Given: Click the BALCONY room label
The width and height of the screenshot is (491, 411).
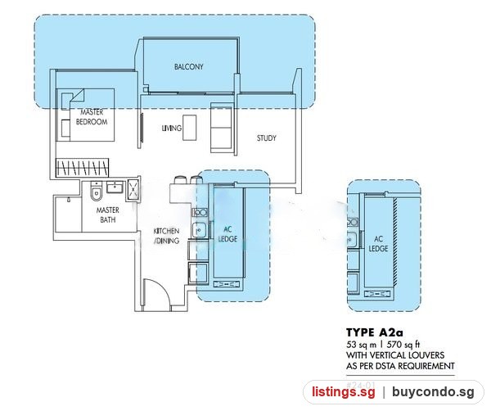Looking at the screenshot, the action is (x=189, y=66).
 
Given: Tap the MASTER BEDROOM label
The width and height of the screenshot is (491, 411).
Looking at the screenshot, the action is (x=92, y=117).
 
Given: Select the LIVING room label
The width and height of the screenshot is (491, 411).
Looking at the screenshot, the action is (x=172, y=128).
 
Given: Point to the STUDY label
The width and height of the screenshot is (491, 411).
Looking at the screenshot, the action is (x=267, y=138).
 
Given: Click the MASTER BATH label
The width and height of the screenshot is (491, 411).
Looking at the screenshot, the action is (x=108, y=215).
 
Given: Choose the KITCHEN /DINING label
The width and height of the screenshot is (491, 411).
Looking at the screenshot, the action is (x=166, y=236).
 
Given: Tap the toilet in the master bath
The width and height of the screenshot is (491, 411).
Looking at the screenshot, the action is (x=96, y=192).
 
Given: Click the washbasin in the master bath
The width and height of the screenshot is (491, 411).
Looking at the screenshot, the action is (x=115, y=187).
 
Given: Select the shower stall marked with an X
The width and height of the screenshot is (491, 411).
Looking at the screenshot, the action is (x=133, y=190).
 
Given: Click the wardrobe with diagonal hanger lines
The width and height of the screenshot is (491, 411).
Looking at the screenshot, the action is (x=83, y=168).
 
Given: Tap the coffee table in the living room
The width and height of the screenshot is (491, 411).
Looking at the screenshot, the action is (x=190, y=128).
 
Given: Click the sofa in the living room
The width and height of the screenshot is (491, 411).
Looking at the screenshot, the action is (x=222, y=128).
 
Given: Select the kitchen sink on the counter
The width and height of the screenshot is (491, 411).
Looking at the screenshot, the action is (x=199, y=230).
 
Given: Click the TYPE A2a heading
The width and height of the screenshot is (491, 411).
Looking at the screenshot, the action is (x=375, y=332).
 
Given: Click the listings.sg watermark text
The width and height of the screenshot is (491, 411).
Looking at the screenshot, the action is (x=343, y=392).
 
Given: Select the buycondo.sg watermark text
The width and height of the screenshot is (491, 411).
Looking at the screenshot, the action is (x=433, y=392).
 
